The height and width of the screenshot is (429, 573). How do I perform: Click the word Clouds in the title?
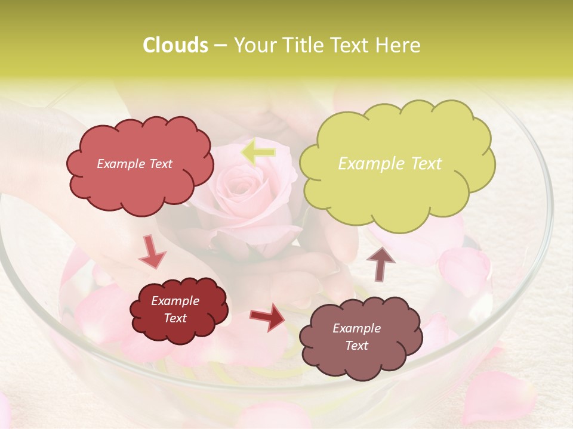(175, 45)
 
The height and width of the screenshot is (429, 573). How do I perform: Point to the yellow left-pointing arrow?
(258, 153)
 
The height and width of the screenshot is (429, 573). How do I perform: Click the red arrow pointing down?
(152, 252)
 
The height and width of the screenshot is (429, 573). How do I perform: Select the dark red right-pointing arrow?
(267, 316)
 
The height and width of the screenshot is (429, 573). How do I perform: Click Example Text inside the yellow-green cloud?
(390, 164)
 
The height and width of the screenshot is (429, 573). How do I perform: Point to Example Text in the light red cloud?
(134, 164)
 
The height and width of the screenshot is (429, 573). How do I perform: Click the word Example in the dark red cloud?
(175, 301)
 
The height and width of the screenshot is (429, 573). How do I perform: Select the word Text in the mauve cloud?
(356, 346)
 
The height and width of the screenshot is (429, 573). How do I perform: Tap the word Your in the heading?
(255, 45)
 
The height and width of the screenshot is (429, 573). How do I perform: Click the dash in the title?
(220, 46)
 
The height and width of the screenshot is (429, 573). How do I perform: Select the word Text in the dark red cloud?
(175, 318)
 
